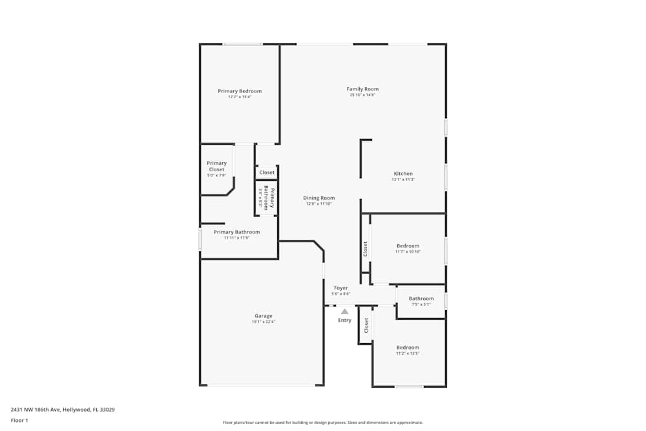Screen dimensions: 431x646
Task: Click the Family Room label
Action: click(362, 89)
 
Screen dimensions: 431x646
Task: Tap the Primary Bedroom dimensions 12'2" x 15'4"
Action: click(240, 97)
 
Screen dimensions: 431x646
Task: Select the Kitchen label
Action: click(403, 174)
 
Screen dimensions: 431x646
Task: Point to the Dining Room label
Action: click(319, 198)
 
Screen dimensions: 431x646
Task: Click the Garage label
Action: click(263, 316)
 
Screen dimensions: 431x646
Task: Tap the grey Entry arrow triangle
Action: click(345, 311)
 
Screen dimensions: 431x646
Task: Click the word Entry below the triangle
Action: click(345, 321)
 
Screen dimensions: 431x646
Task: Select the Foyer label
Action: click(340, 288)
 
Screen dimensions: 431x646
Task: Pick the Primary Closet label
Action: click(216, 166)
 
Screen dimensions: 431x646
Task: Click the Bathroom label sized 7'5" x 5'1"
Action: click(421, 299)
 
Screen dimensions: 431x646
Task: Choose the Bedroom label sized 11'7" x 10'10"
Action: click(408, 246)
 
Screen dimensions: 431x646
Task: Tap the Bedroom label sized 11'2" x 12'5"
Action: click(408, 348)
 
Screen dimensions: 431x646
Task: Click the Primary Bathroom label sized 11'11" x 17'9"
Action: click(236, 232)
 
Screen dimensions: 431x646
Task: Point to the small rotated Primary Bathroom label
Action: click(269, 198)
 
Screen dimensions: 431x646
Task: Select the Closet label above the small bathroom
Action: click(267, 173)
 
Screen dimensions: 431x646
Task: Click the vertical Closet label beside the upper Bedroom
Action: click(365, 248)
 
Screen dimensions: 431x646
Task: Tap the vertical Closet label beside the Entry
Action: click(366, 324)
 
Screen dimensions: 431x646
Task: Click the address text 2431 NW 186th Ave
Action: click(63, 409)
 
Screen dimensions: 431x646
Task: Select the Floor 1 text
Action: click(19, 420)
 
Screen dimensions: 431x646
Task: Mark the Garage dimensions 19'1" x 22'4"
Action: click(263, 322)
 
